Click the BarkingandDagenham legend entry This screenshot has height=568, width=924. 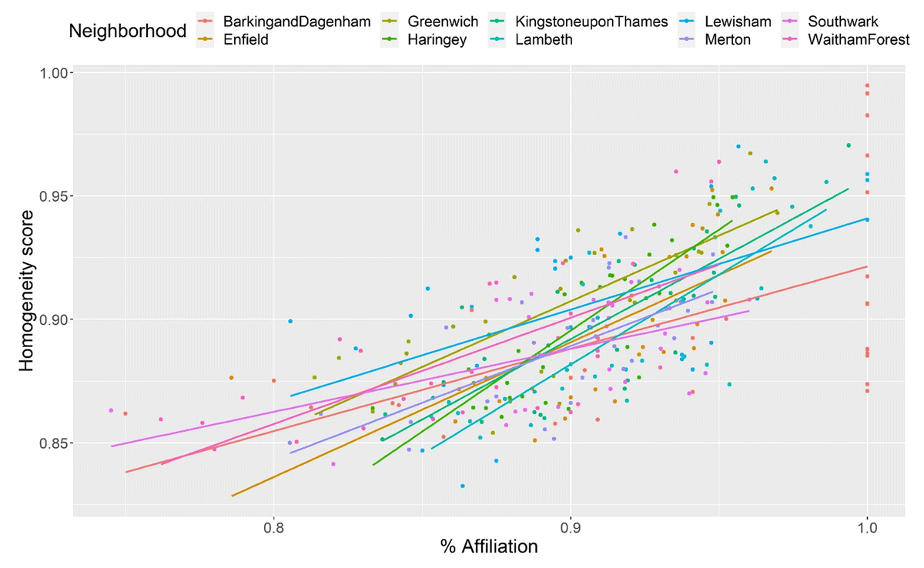296,22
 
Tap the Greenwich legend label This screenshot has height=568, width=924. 443,22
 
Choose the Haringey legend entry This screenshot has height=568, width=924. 437,39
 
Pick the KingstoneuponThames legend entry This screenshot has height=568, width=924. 592,22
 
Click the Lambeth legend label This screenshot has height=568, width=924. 544,39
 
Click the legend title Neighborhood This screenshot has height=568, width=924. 127,31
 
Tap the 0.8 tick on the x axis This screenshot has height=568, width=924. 273,529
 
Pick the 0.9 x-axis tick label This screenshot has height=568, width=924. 570,529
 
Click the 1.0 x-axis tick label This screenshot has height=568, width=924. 867,529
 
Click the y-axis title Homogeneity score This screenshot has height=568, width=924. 27,290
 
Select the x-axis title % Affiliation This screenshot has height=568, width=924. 488,548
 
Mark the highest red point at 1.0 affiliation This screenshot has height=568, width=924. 867,85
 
